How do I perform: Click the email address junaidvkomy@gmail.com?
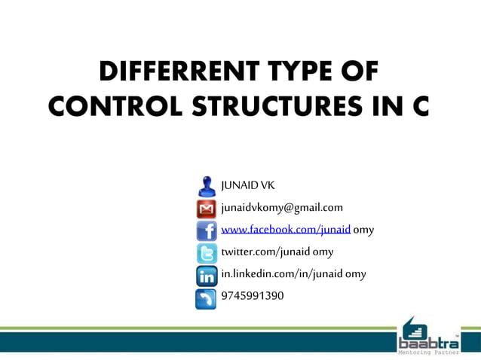pos(282,207)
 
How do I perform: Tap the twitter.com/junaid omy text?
pos(277,252)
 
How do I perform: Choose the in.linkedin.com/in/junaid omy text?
pos(293,273)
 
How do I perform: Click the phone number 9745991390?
pos(253,295)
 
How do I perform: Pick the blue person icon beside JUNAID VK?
pos(206,186)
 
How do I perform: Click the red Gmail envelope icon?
pos(206,209)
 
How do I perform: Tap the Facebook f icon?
pos(206,230)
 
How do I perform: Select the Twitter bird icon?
pos(206,253)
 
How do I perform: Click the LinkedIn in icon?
pos(206,276)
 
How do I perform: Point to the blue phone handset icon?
pos(206,298)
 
